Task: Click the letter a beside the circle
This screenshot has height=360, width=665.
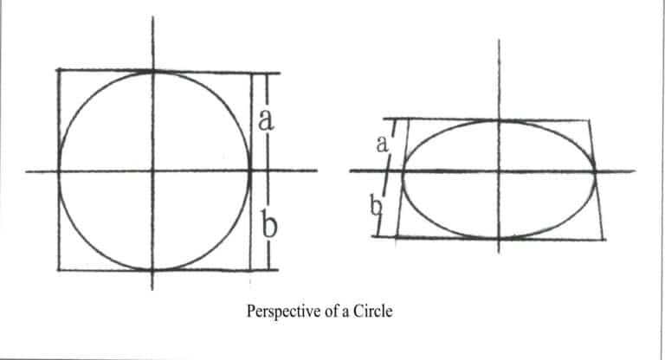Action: (267, 119)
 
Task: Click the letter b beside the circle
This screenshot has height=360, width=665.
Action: (268, 226)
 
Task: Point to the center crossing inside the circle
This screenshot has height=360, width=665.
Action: (153, 170)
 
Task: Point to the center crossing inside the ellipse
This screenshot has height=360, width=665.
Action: (499, 170)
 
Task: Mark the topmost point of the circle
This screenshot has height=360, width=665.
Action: (153, 72)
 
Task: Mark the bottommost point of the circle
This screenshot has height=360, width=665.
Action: (153, 270)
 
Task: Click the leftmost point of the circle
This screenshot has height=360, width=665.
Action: (58, 170)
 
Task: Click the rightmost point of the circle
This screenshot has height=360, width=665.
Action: (250, 170)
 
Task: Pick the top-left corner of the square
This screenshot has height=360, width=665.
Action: (58, 70)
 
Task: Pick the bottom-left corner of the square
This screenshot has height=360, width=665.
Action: (58, 270)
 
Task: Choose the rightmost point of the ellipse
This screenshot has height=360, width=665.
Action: (596, 170)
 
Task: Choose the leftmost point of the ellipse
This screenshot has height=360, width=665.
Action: (404, 170)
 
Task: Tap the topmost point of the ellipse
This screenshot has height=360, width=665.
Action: (499, 120)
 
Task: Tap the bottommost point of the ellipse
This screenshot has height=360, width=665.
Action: (499, 236)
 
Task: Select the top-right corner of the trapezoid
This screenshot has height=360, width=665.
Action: (591, 120)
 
